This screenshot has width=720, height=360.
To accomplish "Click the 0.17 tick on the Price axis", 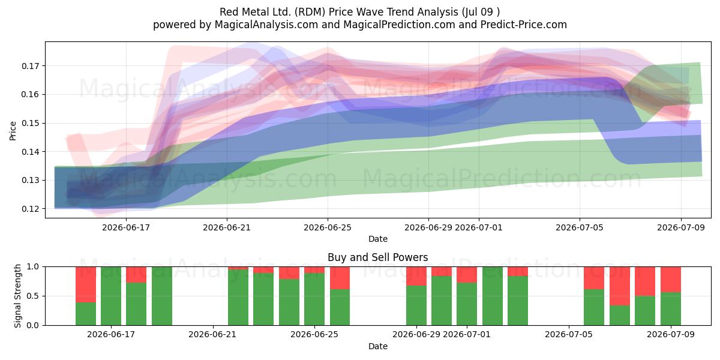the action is coord(30,66).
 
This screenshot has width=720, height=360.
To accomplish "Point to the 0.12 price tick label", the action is coord(30,209).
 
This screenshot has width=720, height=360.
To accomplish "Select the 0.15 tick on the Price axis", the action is coord(30,124).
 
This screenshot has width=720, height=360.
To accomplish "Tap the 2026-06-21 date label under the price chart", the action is coord(227,227).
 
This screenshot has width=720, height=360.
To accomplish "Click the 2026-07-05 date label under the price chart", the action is coord(580,227).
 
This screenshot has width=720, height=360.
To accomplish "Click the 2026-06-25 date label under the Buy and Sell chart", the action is coord(314,335).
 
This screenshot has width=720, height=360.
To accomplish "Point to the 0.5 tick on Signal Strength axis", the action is coord(32,296).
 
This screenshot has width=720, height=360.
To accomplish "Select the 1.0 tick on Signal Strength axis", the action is coord(32,267).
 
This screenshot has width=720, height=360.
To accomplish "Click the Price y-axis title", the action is coord(13,131).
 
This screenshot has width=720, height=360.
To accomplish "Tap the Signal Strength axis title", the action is coord(17,296).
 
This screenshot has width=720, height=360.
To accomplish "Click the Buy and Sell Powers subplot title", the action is coord(377,257).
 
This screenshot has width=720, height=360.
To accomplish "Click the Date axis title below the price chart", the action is coord(377,239).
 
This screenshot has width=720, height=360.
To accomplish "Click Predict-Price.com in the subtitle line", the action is coord(524,25).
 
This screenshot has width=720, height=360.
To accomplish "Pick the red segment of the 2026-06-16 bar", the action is coord(86,284).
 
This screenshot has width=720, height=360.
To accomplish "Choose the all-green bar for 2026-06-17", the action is coord(111,296).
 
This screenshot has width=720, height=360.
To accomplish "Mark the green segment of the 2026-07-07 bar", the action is coord(619,316).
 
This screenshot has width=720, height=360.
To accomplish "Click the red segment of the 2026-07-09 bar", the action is coord(671,280).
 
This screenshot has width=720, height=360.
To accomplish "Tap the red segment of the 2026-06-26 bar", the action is coord(340,278).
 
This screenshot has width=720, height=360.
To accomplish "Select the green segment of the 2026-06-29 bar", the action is coord(416,305).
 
